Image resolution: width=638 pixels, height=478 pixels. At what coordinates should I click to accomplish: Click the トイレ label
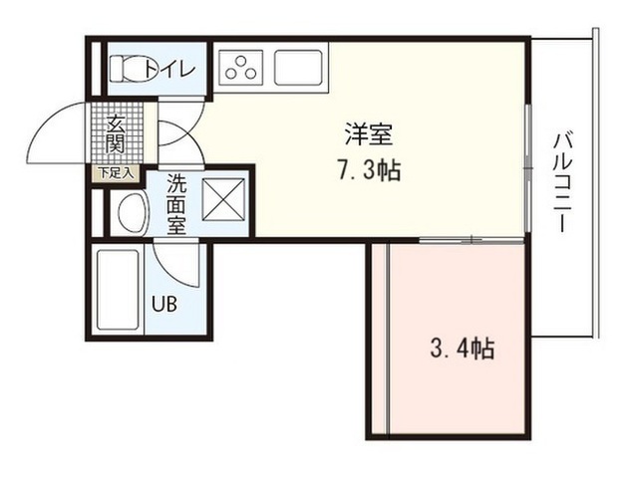[x=170, y=69]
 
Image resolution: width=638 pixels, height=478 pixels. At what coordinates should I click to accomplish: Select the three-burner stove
[x=241, y=68]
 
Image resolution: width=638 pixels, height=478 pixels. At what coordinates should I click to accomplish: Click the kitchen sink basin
[x=299, y=67]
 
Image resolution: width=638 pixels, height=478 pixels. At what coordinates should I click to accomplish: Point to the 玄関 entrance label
[x=115, y=134]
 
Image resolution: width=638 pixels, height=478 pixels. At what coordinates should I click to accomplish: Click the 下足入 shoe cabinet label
[x=117, y=173]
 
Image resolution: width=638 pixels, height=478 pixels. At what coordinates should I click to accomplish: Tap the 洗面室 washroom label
[x=177, y=204]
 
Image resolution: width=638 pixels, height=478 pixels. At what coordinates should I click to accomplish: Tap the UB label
[x=164, y=304]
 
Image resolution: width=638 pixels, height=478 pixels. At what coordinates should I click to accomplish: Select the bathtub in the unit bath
[x=118, y=290]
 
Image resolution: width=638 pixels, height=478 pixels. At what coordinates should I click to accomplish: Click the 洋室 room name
[x=369, y=134]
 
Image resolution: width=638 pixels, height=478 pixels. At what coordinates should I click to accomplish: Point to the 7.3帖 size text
[x=369, y=170]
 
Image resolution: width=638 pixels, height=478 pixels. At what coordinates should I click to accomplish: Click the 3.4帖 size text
[x=463, y=349]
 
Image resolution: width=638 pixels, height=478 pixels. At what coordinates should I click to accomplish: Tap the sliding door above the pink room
[x=472, y=241]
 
